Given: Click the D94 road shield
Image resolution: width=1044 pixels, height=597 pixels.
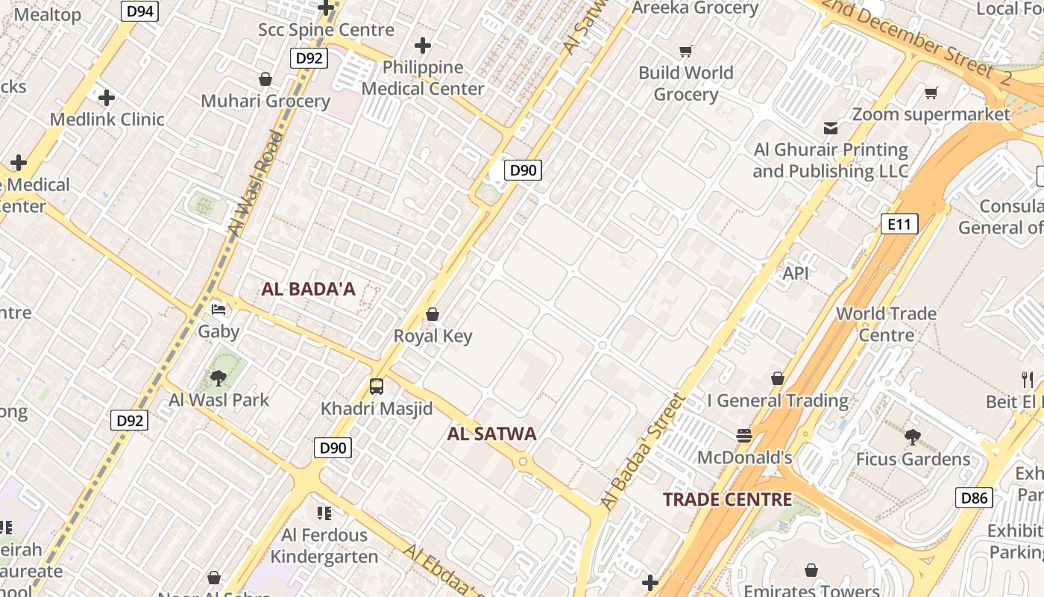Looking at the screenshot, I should point(139,10).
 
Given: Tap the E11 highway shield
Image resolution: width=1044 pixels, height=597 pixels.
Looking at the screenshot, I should point(899,224).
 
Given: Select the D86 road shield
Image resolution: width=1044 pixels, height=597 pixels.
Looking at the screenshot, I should point(974,498).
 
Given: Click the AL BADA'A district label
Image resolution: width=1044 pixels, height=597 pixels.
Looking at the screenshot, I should point(308,290).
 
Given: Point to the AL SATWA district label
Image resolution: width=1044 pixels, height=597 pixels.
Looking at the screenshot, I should point(491,434).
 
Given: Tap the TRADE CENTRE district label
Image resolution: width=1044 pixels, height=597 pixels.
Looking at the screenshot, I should point(727,500).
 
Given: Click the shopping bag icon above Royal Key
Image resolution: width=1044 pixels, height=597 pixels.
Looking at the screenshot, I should point(433,315).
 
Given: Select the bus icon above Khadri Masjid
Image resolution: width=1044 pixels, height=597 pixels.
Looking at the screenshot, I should point(377,387).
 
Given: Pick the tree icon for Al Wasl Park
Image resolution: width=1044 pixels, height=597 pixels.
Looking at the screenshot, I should point(218,378).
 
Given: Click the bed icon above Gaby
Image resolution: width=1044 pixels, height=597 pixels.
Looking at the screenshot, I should point(218,309).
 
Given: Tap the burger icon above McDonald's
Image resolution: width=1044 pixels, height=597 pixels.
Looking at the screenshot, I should point(743,435).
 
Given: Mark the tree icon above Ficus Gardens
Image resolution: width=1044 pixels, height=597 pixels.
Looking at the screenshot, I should point(912,437).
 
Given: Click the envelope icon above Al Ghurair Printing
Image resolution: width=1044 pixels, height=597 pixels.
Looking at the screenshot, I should point(830,128).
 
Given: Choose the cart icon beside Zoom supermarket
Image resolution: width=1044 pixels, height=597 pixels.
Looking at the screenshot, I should point(931,93).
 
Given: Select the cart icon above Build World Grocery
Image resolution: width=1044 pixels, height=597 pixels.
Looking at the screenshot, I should point(686,51).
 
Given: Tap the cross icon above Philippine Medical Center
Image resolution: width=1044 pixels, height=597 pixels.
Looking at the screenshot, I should point(423,46).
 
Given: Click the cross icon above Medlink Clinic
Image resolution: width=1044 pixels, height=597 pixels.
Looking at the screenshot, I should point(107,98).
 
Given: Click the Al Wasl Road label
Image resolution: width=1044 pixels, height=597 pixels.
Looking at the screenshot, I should point(256,184).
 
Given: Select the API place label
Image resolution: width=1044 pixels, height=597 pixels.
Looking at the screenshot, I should point(796,273).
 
